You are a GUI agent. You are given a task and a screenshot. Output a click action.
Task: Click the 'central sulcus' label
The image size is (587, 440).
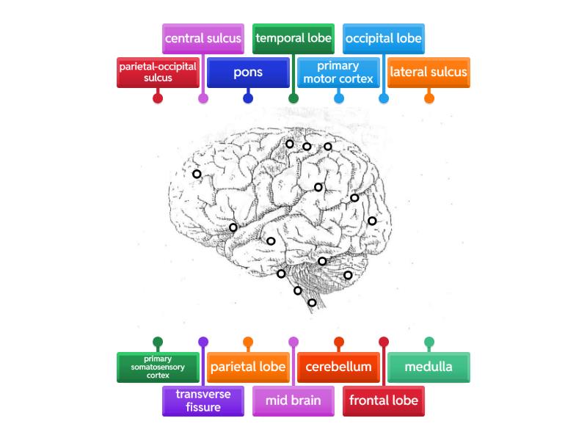tap(203, 38)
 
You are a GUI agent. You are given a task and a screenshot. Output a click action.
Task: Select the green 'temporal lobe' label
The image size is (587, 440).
tap(293, 38)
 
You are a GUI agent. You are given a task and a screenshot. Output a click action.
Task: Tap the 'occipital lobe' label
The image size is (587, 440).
tap(384, 38)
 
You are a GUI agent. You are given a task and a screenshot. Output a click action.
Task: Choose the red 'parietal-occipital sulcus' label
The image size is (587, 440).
tap(158, 72)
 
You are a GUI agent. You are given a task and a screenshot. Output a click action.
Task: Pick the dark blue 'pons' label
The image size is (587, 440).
tap(248, 73)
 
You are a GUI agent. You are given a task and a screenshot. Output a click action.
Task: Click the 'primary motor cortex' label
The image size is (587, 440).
tap(338, 73)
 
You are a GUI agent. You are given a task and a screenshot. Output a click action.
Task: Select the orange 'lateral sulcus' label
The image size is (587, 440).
tap(429, 73)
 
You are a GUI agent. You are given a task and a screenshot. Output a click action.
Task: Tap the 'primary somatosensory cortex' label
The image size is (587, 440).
tap(158, 367)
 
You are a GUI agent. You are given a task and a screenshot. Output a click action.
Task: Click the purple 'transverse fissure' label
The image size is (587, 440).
tap(203, 401)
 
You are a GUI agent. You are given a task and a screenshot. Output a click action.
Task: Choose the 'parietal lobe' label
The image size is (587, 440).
tap(248, 367)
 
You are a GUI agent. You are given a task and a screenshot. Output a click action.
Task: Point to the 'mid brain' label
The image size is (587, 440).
tap(293, 401)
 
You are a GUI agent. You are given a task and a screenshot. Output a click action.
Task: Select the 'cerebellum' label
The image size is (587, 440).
tap(338, 367)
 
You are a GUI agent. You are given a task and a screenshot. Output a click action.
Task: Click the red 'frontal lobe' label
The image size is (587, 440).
tap(384, 401)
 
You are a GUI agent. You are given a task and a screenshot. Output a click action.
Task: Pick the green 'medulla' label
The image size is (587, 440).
tap(429, 367)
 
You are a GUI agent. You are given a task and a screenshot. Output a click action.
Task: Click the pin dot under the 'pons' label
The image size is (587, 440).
tap(248, 98)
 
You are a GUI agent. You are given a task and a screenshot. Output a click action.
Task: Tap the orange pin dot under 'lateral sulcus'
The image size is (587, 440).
tap(429, 98)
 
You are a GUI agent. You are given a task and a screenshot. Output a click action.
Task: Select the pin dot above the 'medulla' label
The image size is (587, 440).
tap(429, 341)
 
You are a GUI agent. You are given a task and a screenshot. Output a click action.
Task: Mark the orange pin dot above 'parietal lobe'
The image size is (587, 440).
tap(248, 341)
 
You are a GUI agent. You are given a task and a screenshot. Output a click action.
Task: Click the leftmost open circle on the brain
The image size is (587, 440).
tap(197, 174)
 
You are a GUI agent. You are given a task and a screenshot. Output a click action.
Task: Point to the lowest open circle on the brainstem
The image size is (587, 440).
tap(312, 302)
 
